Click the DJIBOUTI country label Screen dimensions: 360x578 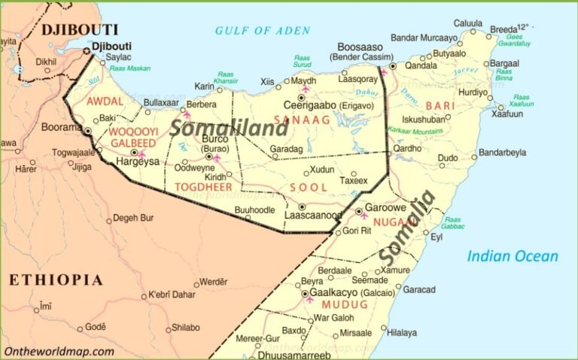coord(80,30)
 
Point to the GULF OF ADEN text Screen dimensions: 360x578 coord(262,31)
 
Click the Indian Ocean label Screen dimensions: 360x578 coord(513,256)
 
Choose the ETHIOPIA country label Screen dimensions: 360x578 coord(56,280)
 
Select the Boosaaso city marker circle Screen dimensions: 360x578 coord(392,66)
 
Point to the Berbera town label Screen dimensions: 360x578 coord(201,104)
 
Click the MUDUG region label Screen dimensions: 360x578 coord(345,305)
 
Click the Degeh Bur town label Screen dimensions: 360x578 coord(133,218)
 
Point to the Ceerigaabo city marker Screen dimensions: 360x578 coord(303,97)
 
